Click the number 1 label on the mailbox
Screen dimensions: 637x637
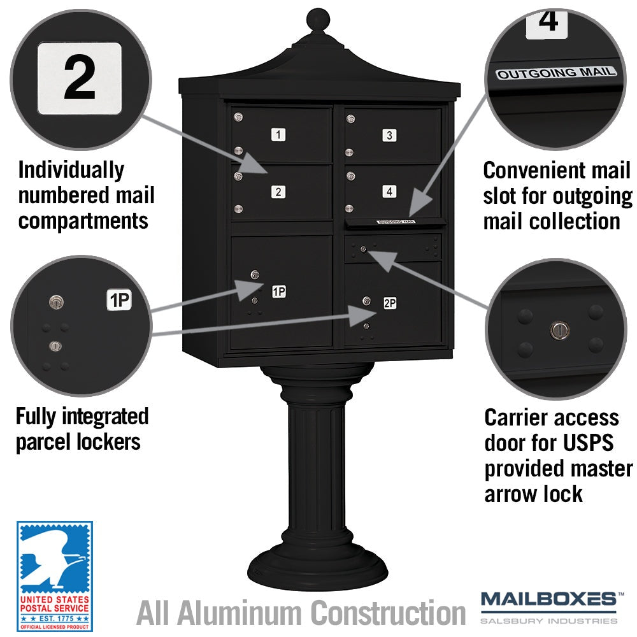pyautogui.click(x=278, y=134)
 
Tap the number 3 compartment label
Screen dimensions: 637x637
pyautogui.click(x=389, y=135)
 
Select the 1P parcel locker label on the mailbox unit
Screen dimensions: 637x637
pyautogui.click(x=279, y=291)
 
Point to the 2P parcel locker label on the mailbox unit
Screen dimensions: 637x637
pyautogui.click(x=390, y=303)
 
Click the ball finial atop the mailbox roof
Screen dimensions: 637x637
pyautogui.click(x=318, y=18)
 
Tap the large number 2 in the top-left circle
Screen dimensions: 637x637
pyautogui.click(x=80, y=78)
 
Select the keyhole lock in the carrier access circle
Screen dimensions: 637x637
pyautogui.click(x=559, y=330)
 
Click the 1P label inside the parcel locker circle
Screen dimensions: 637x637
pyautogui.click(x=119, y=300)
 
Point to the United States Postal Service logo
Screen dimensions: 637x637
pyautogui.click(x=54, y=576)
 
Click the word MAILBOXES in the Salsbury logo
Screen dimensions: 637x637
pyautogui.click(x=548, y=599)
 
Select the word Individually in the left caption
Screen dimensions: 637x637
pyautogui.click(x=71, y=170)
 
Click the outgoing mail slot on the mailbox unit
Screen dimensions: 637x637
pyautogui.click(x=395, y=222)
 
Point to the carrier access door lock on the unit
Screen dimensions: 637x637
pyautogui.click(x=363, y=249)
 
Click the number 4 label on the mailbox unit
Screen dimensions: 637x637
pyautogui.click(x=389, y=191)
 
